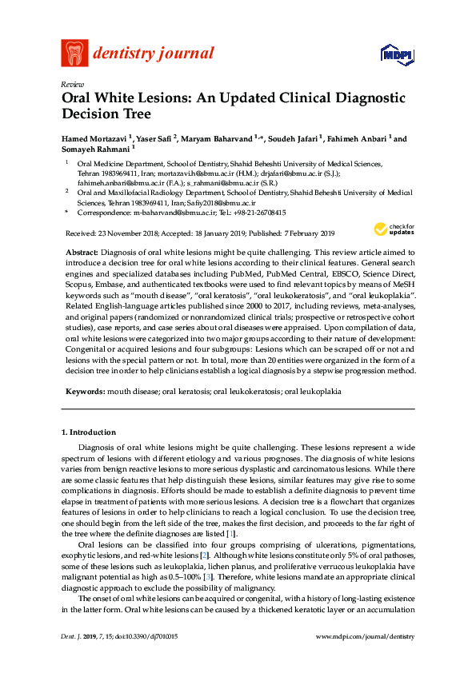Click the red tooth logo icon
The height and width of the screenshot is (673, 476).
coord(74,54)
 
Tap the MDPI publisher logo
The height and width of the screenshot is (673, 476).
coord(396,55)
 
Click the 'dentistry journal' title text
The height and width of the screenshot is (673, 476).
coord(154,54)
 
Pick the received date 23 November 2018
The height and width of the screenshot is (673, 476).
coord(127,233)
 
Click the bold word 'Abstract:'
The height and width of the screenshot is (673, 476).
coord(82,252)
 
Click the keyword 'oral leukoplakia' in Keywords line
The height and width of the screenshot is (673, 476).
coord(313,392)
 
